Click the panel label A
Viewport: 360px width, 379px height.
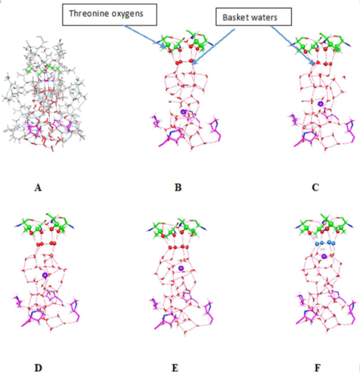[x=37, y=188]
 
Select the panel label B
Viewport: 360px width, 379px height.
[x=178, y=188]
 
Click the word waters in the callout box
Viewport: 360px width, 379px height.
[x=266, y=17]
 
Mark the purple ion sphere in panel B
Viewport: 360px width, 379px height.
[x=183, y=111]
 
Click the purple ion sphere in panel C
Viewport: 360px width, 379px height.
[x=321, y=104]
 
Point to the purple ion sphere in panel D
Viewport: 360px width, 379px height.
[x=45, y=275]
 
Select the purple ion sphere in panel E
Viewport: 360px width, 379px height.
[x=181, y=268]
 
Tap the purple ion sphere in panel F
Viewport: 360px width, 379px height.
[x=324, y=255]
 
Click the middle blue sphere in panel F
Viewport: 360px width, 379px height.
[x=324, y=242]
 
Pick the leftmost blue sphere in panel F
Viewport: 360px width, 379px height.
[x=317, y=242]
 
